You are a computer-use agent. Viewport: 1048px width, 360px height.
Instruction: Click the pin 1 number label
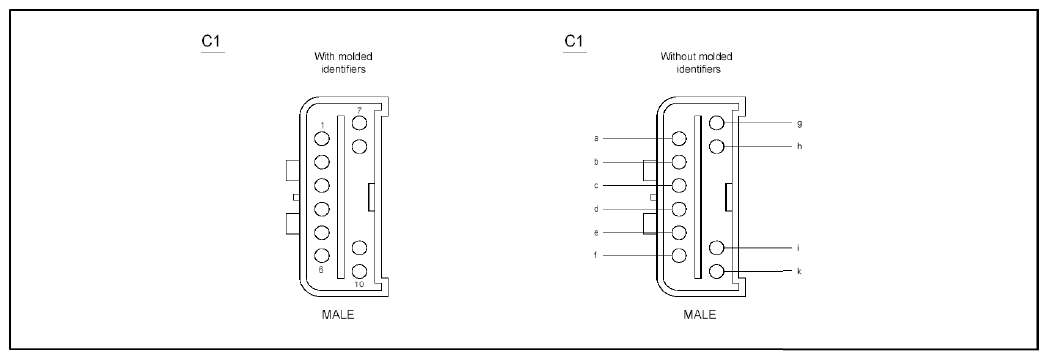(322, 125)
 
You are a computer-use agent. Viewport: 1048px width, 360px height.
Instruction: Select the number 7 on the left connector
(359, 110)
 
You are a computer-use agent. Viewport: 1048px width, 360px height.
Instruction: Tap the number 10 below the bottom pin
(359, 284)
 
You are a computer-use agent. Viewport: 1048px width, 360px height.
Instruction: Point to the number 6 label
(321, 270)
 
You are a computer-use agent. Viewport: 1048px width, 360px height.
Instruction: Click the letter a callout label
(596, 138)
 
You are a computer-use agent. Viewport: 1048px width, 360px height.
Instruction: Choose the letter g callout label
(799, 123)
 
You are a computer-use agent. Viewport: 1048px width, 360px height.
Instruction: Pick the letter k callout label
(799, 271)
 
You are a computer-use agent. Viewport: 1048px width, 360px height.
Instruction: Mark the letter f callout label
(596, 255)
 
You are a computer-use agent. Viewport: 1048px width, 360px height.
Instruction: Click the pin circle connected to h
(716, 146)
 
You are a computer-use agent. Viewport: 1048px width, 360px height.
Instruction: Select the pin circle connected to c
(680, 185)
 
